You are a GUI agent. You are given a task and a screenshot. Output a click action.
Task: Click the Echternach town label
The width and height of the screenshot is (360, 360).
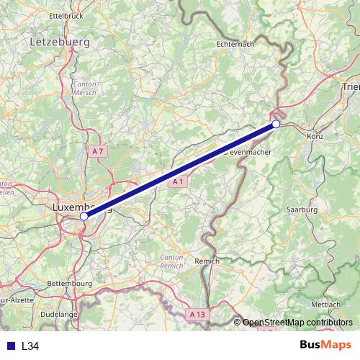246,44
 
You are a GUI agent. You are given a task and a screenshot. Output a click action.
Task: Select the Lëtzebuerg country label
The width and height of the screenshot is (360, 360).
60,42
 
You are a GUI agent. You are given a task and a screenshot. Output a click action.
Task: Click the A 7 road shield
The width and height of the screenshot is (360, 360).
99,150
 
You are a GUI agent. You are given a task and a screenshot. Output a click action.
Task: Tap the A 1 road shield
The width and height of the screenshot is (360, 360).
179,183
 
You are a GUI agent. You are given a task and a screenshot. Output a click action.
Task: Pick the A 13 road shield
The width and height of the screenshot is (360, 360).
198,315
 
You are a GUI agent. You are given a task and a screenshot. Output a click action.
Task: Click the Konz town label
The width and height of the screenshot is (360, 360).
315,135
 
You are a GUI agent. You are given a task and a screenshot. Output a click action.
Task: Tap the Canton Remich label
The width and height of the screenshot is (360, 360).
172,261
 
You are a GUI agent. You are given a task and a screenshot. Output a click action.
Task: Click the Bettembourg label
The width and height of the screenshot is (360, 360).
72,284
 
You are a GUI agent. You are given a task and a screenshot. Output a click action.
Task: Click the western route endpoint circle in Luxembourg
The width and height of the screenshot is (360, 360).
84,215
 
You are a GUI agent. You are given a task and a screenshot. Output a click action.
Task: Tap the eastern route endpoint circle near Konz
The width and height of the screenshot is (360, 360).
276,125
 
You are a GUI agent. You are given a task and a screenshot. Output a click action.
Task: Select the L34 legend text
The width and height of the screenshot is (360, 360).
30,346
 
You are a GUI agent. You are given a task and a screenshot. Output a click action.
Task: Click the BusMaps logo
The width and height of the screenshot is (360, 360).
325,345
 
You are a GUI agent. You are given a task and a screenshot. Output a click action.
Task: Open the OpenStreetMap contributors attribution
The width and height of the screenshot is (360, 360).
297,322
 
